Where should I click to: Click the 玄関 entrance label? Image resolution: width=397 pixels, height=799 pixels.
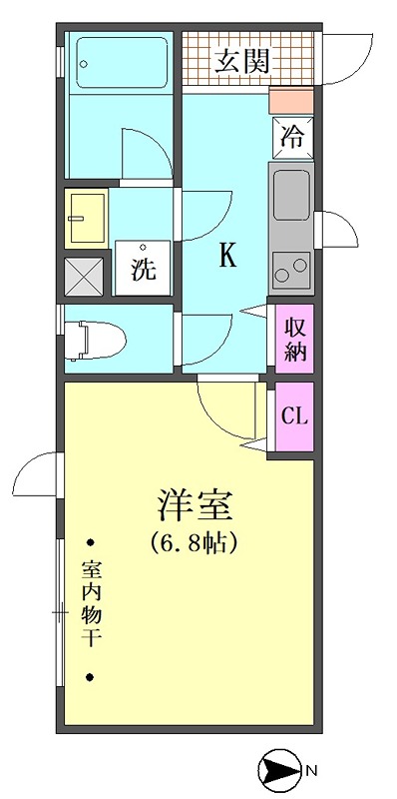(x=241, y=62)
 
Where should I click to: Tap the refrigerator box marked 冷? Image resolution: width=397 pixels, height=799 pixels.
(x=292, y=138)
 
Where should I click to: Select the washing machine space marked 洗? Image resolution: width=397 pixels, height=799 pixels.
(x=143, y=268)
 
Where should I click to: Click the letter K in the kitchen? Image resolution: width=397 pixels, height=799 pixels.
(x=227, y=255)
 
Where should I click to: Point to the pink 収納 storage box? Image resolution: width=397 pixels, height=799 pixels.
(x=294, y=339)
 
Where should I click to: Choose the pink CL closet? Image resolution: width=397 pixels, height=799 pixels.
(x=294, y=416)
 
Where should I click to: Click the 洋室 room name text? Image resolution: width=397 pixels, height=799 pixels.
(x=195, y=504)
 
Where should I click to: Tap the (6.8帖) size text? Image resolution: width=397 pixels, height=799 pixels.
(x=195, y=543)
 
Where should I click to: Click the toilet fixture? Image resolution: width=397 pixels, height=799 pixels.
(x=95, y=341)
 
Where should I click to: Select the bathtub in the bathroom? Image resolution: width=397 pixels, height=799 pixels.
(x=122, y=62)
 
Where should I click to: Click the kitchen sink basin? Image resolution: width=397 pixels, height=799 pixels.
(x=291, y=195)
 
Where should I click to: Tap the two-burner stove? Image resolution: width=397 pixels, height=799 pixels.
(x=291, y=271)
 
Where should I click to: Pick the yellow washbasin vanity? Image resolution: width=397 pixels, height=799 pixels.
(x=86, y=218)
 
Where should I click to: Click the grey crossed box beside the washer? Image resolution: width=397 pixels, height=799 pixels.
(x=84, y=277)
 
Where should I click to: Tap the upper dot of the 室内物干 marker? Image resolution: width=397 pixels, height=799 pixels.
(x=90, y=542)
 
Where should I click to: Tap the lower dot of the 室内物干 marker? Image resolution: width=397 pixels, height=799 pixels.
(x=90, y=677)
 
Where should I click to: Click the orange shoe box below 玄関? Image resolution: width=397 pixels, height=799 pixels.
(x=290, y=101)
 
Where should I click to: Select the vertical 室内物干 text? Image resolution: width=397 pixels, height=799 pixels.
(x=90, y=604)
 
